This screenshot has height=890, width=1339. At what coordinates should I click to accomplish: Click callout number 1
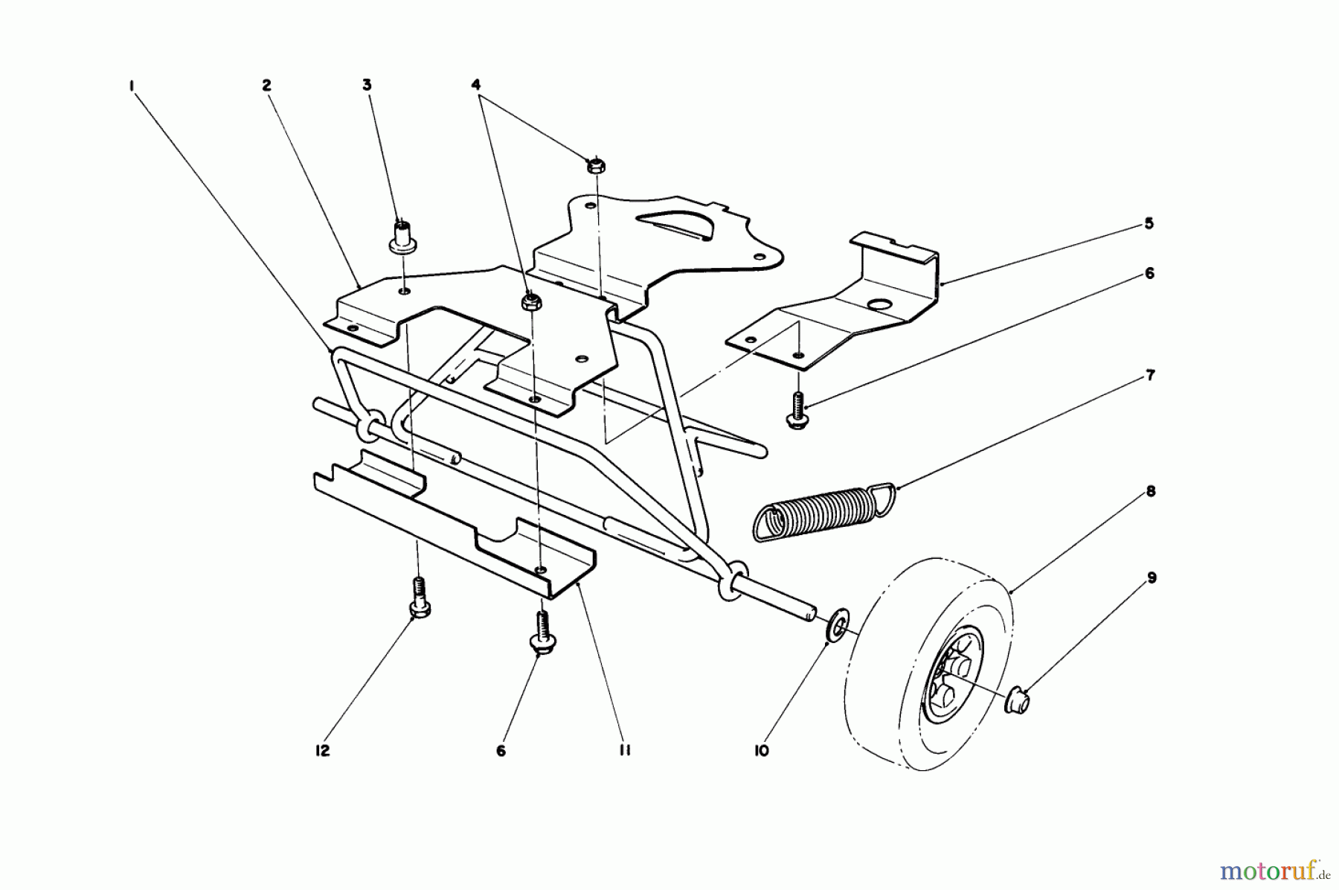pyautogui.click(x=131, y=86)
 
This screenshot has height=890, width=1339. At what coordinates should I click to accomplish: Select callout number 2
pyautogui.click(x=266, y=86)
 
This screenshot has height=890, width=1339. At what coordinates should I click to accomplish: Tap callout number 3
pyautogui.click(x=367, y=86)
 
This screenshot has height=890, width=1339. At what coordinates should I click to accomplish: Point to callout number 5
pyautogui.click(x=1149, y=224)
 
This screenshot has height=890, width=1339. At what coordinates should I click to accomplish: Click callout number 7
pyautogui.click(x=1150, y=376)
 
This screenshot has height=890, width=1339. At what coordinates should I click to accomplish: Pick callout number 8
pyautogui.click(x=1150, y=491)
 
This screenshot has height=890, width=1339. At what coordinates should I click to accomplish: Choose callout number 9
pyautogui.click(x=1152, y=577)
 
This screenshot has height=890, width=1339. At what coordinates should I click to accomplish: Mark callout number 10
pyautogui.click(x=760, y=752)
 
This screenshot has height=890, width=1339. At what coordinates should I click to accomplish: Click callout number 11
pyautogui.click(x=623, y=752)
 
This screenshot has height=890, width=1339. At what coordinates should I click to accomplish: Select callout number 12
pyautogui.click(x=322, y=752)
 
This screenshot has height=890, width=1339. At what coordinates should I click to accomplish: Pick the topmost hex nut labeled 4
pyautogui.click(x=595, y=166)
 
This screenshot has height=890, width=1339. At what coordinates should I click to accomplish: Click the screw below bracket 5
pyautogui.click(x=797, y=411)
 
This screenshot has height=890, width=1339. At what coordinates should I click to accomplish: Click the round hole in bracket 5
pyautogui.click(x=879, y=306)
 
